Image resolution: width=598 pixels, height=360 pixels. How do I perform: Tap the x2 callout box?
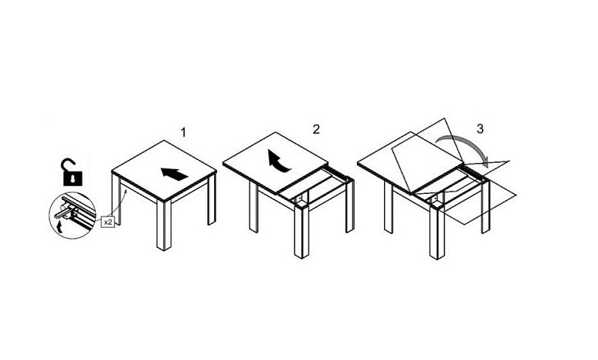pos(108,222)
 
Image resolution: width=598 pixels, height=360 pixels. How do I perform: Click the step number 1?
pos(183,133)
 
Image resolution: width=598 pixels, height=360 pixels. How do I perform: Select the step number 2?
pos(316,129)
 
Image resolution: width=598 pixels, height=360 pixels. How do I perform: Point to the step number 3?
pos(480,129)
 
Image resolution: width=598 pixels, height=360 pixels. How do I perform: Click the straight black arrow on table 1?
pos(175,174)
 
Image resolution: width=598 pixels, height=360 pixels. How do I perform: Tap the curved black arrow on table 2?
pos(277,161)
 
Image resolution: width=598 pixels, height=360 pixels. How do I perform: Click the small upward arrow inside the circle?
pos(59,228)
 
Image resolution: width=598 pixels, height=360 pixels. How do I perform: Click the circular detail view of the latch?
pos(73,216)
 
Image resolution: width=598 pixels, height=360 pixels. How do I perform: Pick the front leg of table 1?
pos(164,225)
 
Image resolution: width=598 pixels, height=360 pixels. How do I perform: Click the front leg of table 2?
pos(301,232)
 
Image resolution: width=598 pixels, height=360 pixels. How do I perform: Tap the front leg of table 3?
pos(437,233)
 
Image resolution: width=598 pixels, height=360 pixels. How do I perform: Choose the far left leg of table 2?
pos(253,207)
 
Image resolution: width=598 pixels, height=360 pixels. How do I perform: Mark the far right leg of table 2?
pos(350,206)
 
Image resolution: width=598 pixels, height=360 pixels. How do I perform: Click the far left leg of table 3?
pos(389,207)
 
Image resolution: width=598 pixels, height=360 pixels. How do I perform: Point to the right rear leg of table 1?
pos(212,199)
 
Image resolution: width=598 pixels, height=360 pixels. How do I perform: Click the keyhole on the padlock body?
pos(73,178)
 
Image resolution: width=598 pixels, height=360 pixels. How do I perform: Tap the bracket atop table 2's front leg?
pos(300,198)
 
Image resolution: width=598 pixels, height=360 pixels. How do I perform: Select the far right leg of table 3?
pos(485,207)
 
